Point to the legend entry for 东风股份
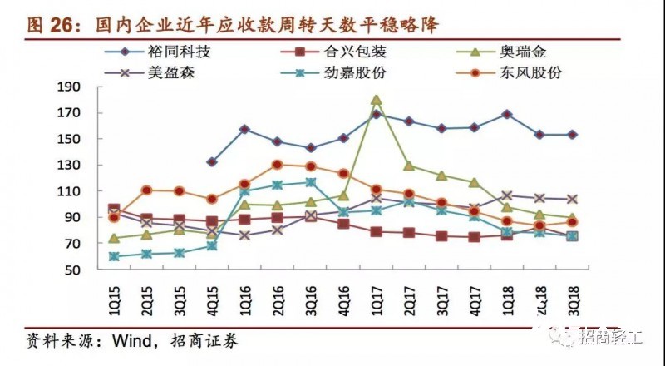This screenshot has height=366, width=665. [533, 72]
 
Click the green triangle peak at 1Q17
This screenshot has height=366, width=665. [376, 100]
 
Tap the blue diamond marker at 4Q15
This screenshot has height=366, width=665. [212, 162]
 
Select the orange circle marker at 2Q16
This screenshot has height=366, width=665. [278, 165]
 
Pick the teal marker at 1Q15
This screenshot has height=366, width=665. [114, 256]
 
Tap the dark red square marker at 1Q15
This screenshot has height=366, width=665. [114, 210]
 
